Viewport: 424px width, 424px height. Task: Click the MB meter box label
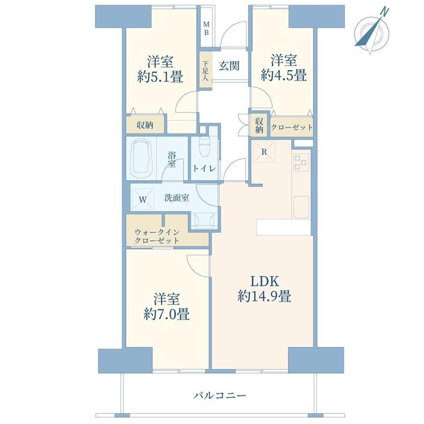[x=206, y=29]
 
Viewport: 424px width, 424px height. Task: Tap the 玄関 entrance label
[x=229, y=66]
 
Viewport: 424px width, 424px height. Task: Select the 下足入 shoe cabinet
[x=206, y=71]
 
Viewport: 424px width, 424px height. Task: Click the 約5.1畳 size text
[x=160, y=77]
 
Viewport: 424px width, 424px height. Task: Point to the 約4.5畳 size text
[x=283, y=75]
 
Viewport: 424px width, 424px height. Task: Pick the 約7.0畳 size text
[x=166, y=314]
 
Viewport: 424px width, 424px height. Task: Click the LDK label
[x=265, y=282]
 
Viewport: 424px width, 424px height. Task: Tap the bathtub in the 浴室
[x=142, y=159]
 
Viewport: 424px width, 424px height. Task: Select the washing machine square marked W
[x=142, y=199]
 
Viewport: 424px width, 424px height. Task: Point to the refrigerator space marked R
[x=264, y=152]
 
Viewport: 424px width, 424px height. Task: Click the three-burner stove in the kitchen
[x=301, y=162]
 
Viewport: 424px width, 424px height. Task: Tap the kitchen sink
[x=301, y=207]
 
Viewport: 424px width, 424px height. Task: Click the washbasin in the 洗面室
[x=204, y=221]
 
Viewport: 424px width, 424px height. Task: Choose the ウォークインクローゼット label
[x=157, y=236]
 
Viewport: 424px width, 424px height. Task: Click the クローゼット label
[x=292, y=127]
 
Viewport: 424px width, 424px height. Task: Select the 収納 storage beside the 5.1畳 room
[x=145, y=124]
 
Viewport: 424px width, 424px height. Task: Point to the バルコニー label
[x=220, y=396]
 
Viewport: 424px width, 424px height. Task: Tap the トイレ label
[x=204, y=169]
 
